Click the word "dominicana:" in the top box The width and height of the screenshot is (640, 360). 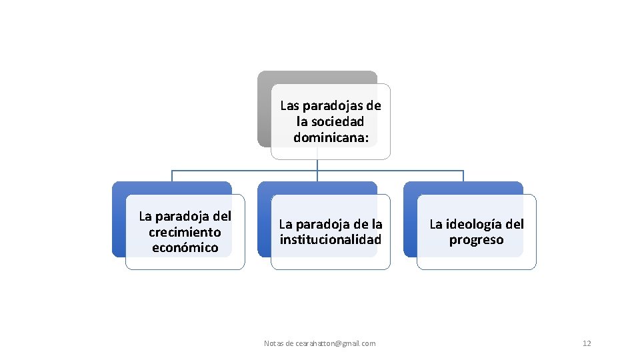pos(331,137)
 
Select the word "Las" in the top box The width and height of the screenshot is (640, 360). pos(290,105)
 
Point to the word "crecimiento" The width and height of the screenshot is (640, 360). pos(185,232)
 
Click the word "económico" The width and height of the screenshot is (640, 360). pos(185,248)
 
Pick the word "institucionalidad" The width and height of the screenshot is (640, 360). pos(331,240)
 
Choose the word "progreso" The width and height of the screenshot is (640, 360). pos(476,240)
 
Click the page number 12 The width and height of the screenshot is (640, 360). pos(587,343)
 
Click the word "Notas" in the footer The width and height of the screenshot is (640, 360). pos(273,343)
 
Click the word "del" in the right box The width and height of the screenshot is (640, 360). pos(513,225)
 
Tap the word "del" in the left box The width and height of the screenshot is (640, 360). pos(222,216)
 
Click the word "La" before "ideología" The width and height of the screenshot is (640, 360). pos(437,225)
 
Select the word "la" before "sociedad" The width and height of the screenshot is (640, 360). pos(302,121)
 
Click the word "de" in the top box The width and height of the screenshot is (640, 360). pos(373,105)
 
